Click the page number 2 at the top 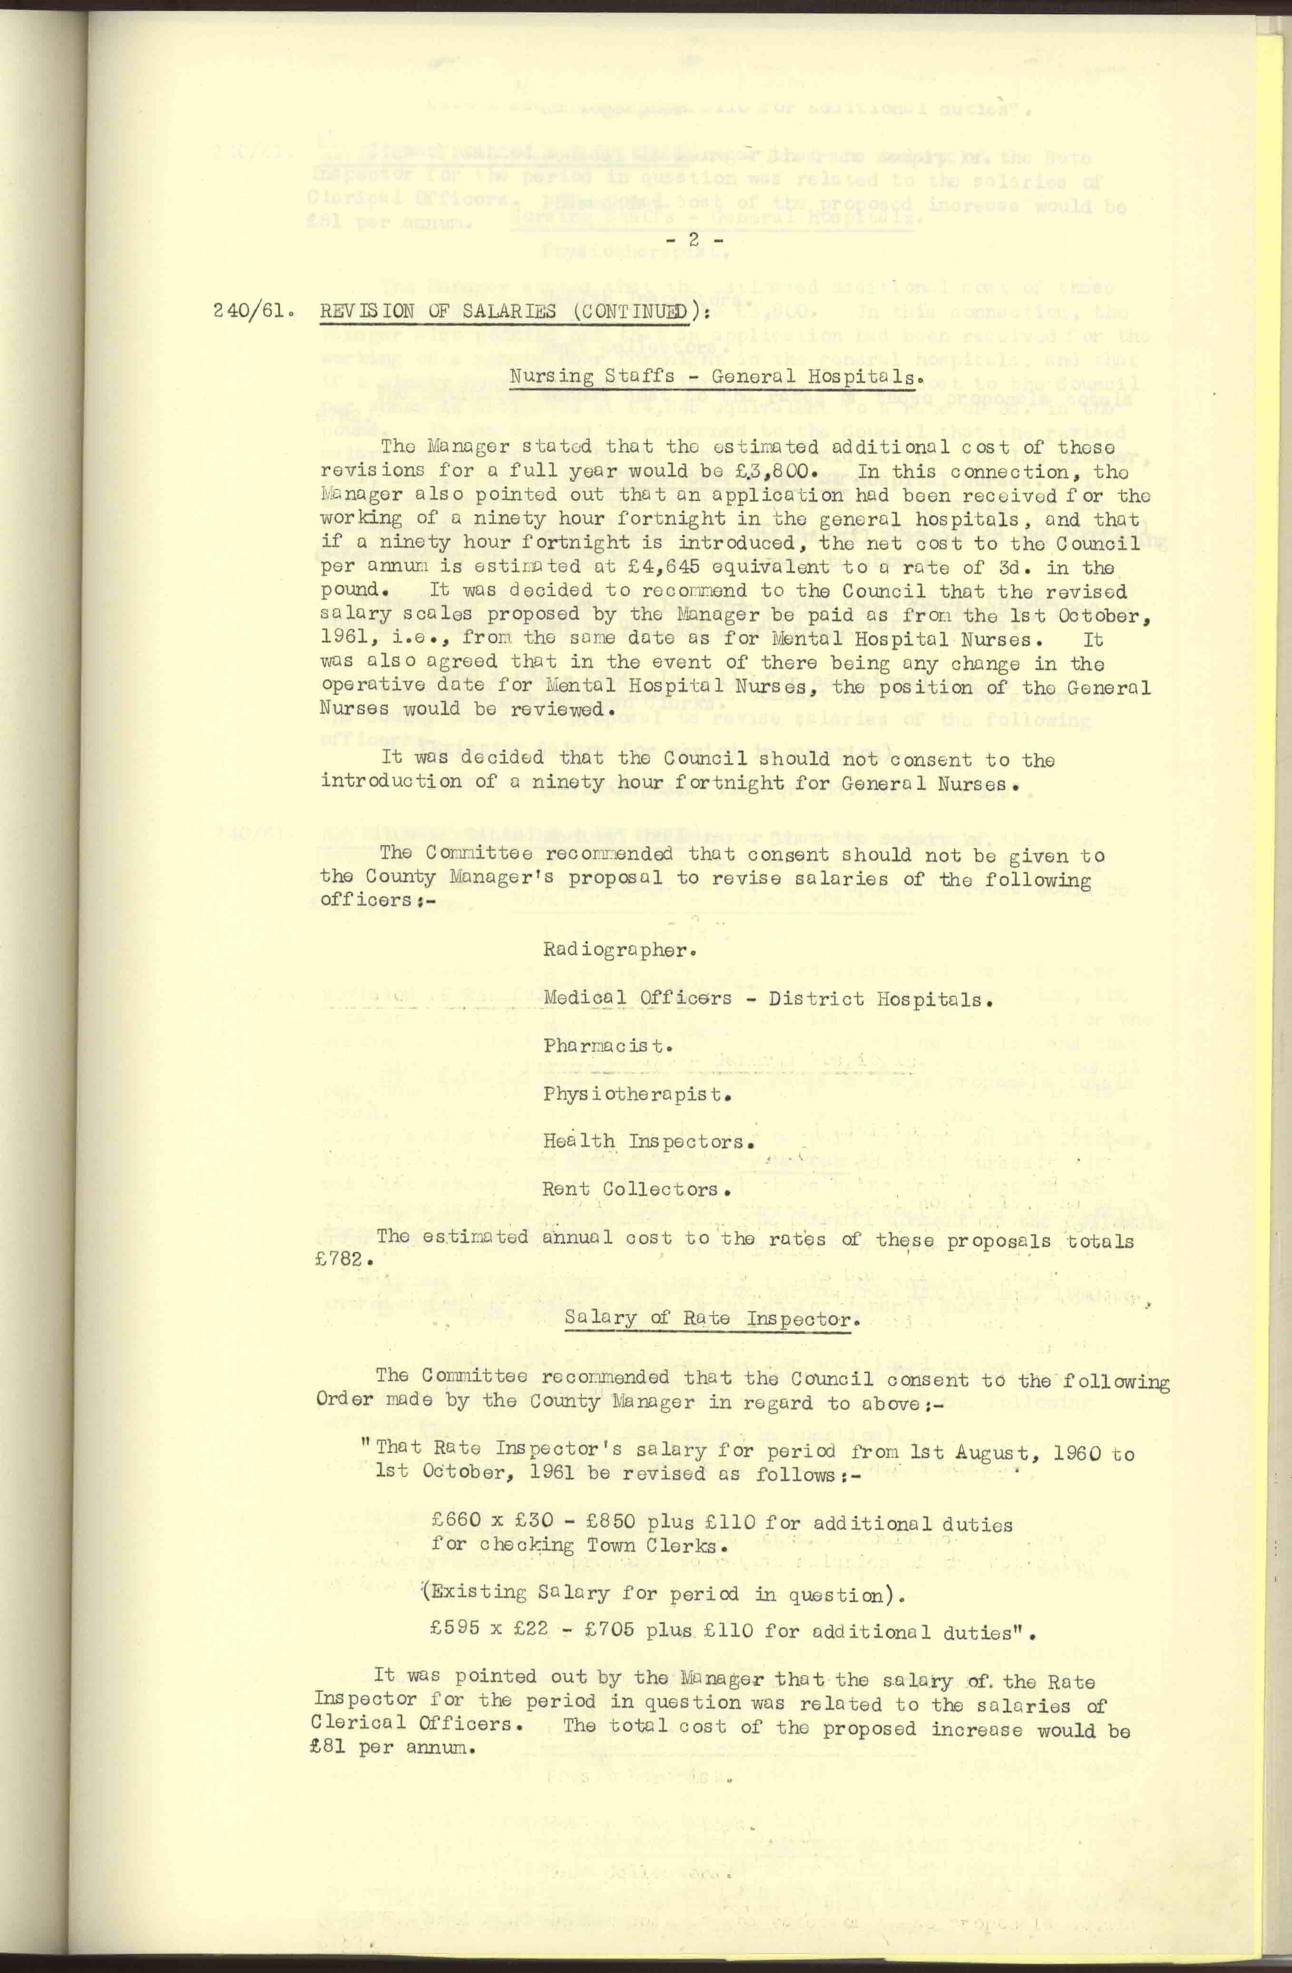(x=694, y=239)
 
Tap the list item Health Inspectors (x=648, y=1142)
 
